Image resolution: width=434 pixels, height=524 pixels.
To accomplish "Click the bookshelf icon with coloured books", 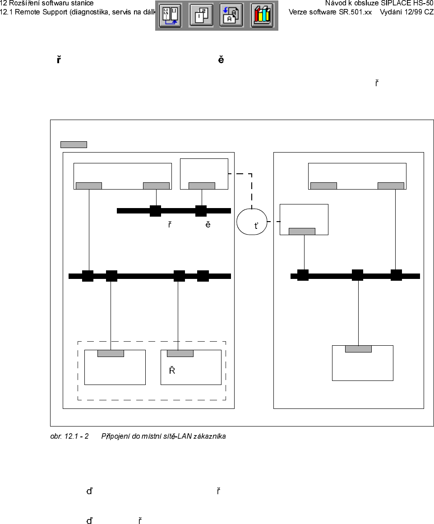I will (262, 15).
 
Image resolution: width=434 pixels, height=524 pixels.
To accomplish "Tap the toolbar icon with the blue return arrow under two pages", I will (170, 15).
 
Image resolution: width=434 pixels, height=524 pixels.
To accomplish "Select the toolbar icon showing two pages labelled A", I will (231, 15).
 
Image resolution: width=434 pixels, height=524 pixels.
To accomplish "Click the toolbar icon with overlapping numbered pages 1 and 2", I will (201, 15).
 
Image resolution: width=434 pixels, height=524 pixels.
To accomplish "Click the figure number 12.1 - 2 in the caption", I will (75, 436).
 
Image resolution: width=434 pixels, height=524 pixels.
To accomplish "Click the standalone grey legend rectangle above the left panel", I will (74, 144).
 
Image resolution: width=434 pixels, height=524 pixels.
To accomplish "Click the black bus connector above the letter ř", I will (156, 210).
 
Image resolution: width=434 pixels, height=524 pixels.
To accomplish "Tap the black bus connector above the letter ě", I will (201, 210).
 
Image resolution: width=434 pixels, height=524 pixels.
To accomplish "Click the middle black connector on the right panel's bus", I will (357, 275).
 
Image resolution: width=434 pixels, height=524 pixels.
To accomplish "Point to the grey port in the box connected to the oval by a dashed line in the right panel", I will (302, 232).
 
